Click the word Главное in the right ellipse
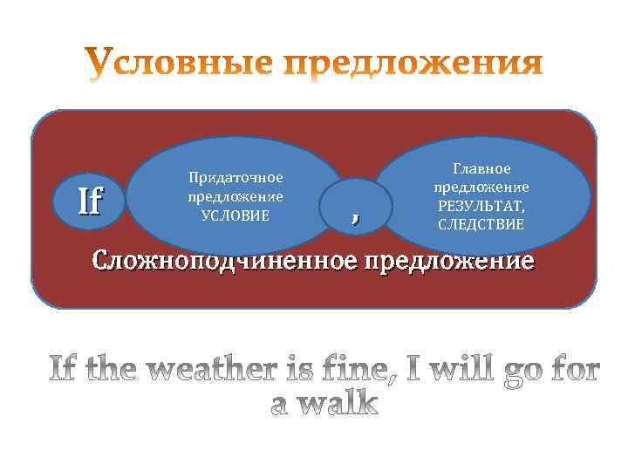(481, 168)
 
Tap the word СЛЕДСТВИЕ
(481, 224)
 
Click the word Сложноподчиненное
(225, 261)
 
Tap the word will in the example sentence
(444, 371)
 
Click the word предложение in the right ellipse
(481, 187)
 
